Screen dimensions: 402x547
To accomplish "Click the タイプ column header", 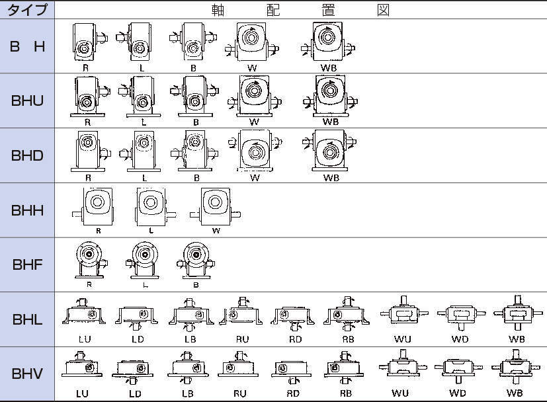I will pos(27,10).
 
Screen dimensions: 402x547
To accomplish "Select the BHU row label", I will pos(27,101).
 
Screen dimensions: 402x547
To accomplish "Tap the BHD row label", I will pos(27,156).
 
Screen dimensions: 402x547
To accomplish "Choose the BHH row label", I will pos(27,210).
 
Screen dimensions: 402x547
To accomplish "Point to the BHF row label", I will pos(27,265).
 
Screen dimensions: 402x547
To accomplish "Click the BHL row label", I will pos(27,319).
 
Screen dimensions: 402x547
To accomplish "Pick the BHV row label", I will pos(27,374).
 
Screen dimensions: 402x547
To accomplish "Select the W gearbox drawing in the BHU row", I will pos(254,97).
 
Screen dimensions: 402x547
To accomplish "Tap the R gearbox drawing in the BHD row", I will pos(87,151).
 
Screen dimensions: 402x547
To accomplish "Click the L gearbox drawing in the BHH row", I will pos(151,206).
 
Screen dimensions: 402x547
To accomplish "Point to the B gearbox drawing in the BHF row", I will pos(195,260).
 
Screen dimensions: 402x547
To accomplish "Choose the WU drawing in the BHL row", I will pos(401,315).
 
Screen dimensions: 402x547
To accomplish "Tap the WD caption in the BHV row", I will pos(458,393).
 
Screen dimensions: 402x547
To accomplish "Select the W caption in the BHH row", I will pos(216,231).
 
